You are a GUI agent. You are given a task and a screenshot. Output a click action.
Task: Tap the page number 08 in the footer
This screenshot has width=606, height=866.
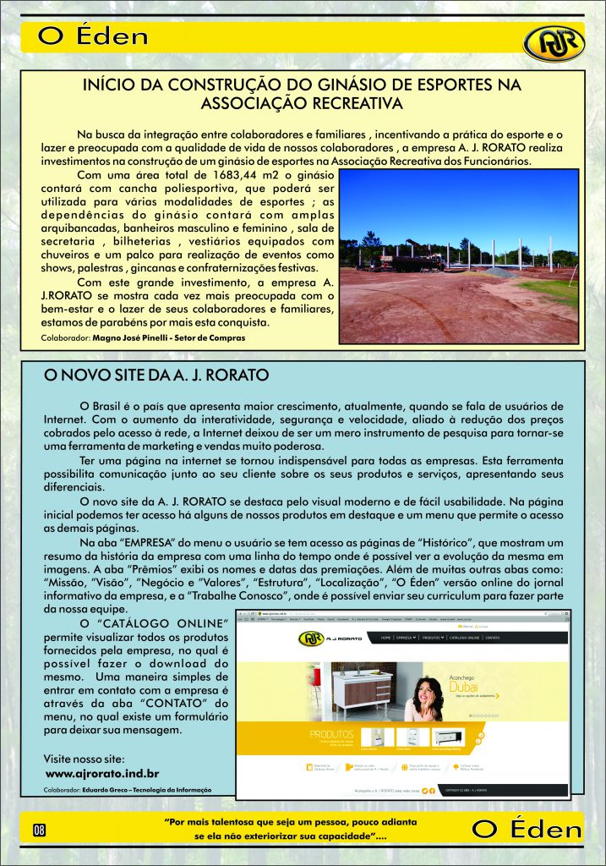click(40, 828)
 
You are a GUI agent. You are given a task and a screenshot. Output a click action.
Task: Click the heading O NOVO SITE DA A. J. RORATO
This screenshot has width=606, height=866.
click(156, 374)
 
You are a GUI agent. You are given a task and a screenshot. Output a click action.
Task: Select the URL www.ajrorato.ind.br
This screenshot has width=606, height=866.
click(102, 773)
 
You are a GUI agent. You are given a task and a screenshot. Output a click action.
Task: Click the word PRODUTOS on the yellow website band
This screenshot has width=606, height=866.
click(333, 734)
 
